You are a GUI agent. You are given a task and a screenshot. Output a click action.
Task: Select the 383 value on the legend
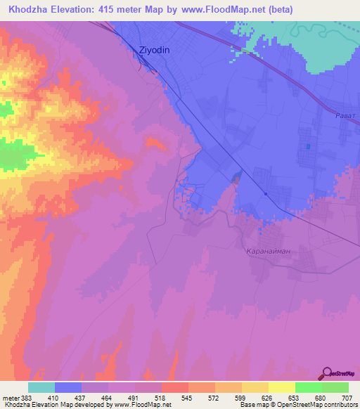pyautogui.click(x=28, y=397)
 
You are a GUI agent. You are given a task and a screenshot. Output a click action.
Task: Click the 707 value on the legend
pyautogui.click(x=347, y=397)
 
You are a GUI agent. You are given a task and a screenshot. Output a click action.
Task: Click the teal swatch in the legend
pyautogui.click(x=41, y=387)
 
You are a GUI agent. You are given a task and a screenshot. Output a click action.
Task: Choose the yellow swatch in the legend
pyautogui.click(x=281, y=387)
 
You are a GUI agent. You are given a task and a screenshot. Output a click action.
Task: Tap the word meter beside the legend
pyautogui.click(x=11, y=397)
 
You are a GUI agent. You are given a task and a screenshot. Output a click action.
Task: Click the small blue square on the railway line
pyautogui.click(x=266, y=194)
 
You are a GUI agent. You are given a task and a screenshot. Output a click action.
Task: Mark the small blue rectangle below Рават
pyautogui.click(x=308, y=147)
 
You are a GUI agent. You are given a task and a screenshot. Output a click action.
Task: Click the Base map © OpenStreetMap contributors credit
pyautogui.click(x=297, y=405)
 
